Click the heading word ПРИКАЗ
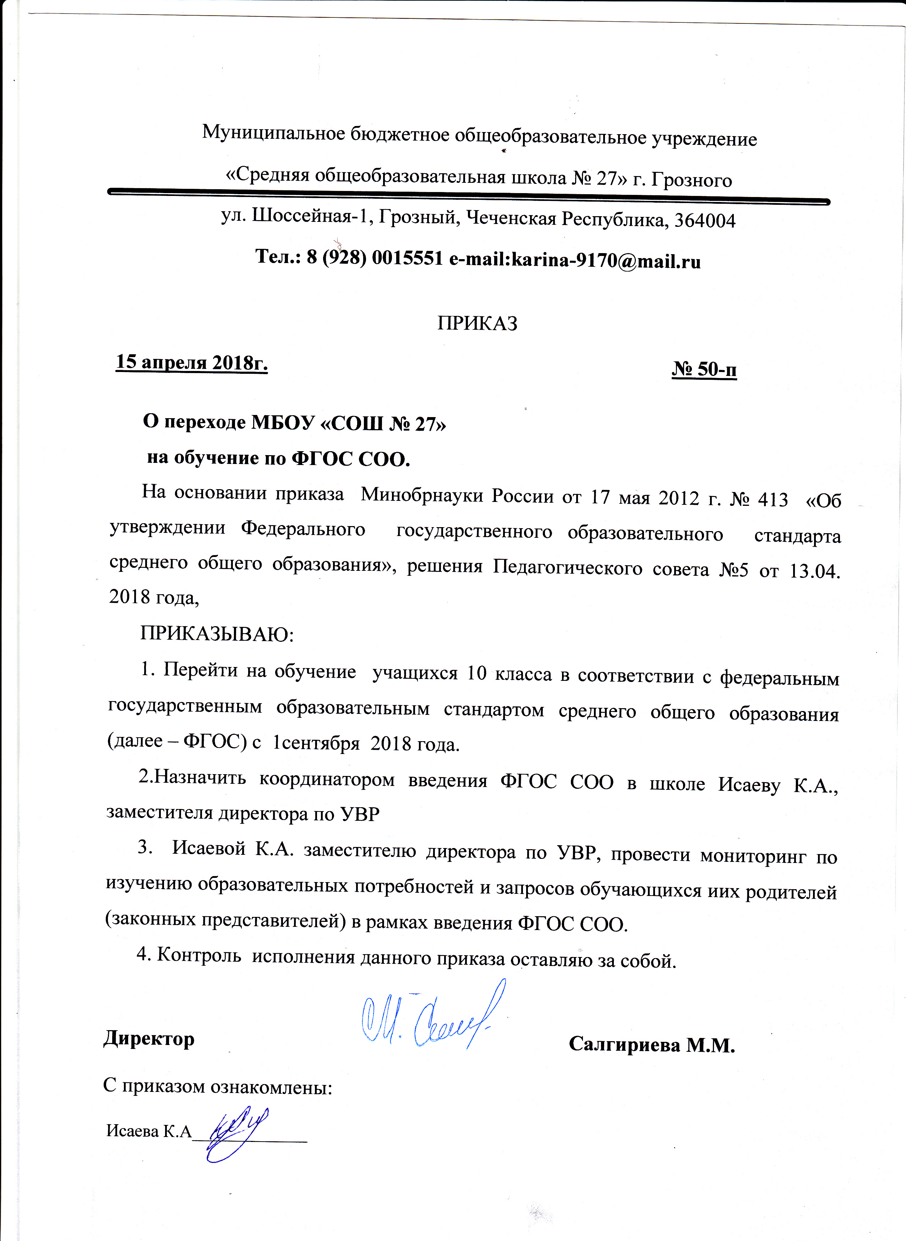click(477, 323)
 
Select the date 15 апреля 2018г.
click(191, 362)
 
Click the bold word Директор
click(149, 1039)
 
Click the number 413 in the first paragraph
click(773, 498)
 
